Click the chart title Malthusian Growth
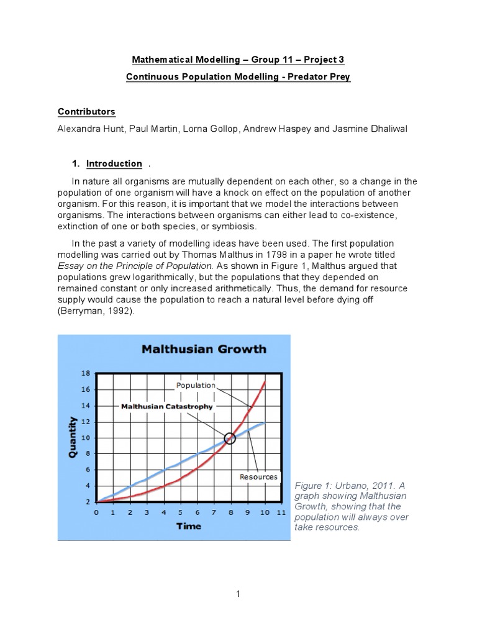[204, 349]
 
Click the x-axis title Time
[188, 525]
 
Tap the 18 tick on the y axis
[86, 373]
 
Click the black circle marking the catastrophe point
[230, 438]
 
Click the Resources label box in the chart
[258, 477]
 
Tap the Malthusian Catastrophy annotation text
[166, 406]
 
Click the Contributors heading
[86, 112]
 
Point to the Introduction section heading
[114, 163]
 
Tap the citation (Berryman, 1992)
[96, 312]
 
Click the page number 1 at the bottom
[238, 594]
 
